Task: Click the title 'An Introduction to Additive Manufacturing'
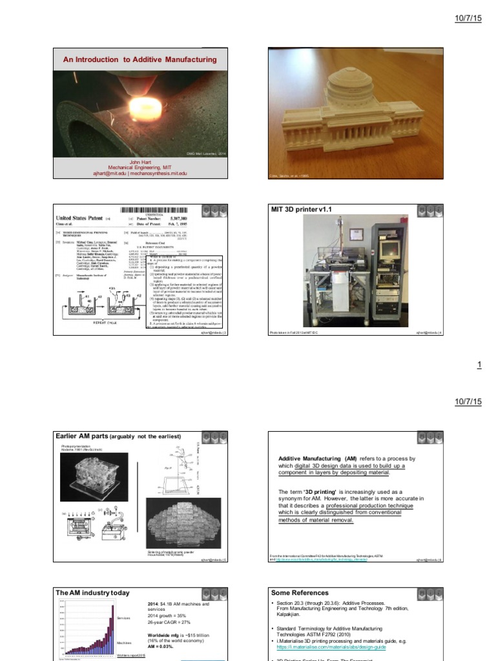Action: click(x=139, y=59)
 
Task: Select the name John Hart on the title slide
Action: click(x=139, y=162)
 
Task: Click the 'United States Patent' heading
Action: click(x=82, y=219)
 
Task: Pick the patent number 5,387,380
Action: click(x=201, y=218)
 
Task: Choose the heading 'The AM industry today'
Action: click(x=92, y=593)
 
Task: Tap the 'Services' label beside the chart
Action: click(x=123, y=618)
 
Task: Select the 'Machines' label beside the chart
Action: click(x=124, y=643)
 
